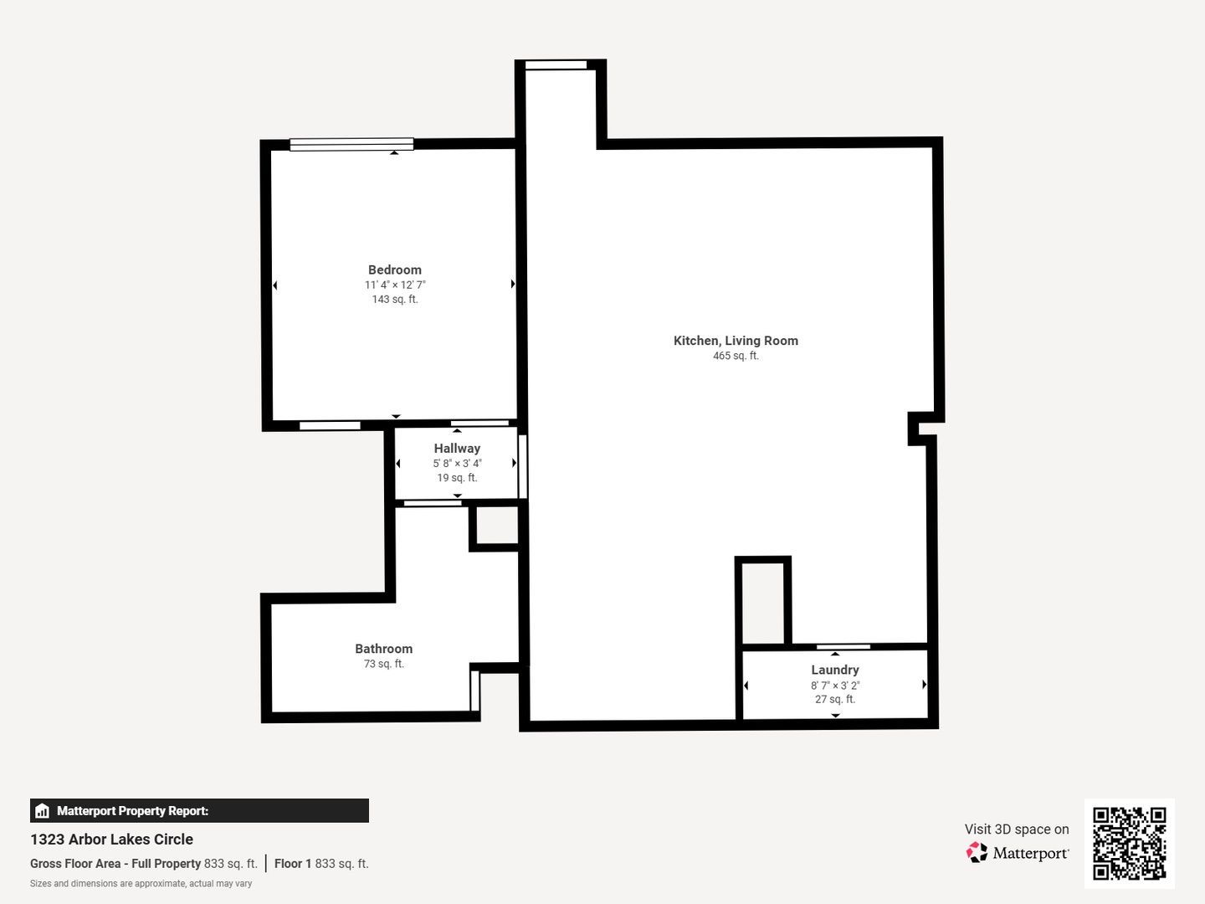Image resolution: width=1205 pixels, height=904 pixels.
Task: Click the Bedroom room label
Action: point(394,270)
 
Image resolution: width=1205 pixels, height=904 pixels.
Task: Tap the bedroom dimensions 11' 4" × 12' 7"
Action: point(394,285)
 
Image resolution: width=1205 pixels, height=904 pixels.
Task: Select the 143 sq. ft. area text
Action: point(394,300)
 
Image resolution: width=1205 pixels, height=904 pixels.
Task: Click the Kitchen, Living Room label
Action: point(736,341)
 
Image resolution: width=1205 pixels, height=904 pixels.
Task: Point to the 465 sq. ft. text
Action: point(736,356)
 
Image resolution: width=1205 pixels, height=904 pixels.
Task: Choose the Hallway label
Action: point(457,449)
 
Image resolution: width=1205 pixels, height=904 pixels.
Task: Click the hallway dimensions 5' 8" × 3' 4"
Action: point(457,464)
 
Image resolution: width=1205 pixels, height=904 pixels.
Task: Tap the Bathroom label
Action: point(383,649)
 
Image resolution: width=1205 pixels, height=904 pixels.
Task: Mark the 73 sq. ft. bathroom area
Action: point(383,664)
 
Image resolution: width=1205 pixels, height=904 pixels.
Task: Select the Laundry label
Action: point(834,670)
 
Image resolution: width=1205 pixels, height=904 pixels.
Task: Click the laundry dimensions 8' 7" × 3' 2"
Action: point(834,685)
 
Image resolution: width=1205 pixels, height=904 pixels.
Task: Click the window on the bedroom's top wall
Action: point(351,144)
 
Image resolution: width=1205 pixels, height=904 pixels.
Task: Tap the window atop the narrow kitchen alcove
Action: point(556,65)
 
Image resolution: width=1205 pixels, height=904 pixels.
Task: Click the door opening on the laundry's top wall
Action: point(843,646)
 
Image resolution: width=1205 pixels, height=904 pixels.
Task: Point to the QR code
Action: point(1129,843)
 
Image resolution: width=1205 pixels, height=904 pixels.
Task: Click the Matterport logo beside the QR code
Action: point(1018,853)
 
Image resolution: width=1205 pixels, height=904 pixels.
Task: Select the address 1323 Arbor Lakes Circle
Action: point(111,840)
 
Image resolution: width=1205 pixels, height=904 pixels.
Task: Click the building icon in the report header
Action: point(43,811)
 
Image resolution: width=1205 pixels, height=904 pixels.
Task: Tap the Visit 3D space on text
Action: point(1016,830)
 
